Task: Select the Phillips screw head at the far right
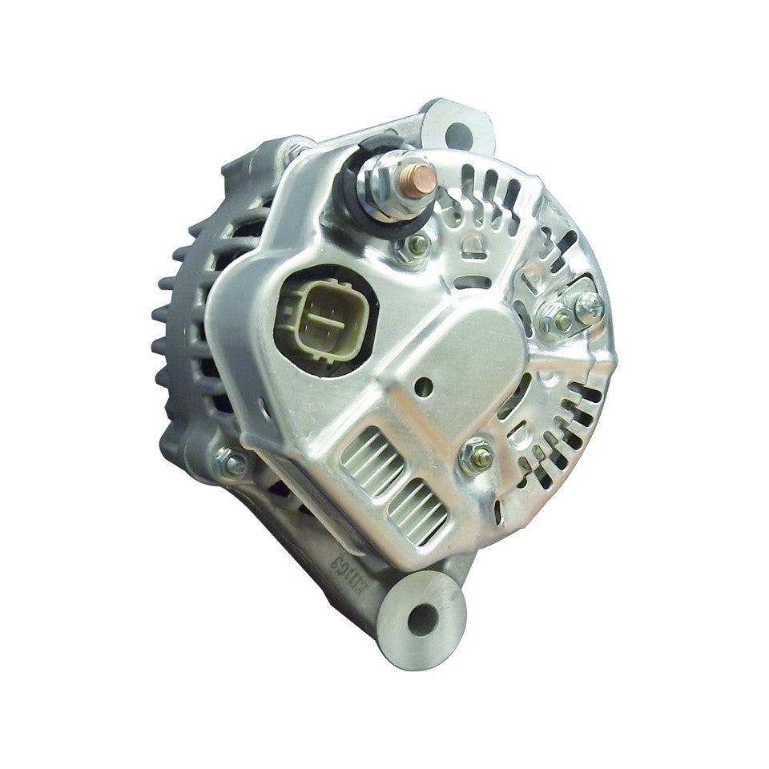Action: click(x=590, y=303)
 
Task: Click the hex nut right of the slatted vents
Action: click(x=479, y=457)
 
